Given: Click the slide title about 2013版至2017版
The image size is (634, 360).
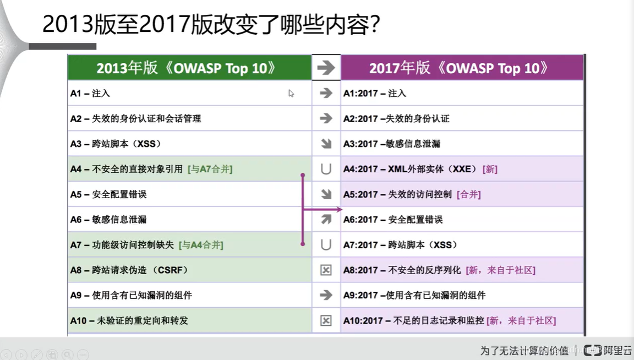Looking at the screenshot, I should (211, 25).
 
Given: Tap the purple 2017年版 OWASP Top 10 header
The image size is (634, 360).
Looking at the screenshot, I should (459, 68).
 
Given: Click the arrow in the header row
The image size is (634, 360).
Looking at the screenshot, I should (326, 68).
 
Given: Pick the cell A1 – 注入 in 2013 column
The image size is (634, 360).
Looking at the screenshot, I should (90, 94).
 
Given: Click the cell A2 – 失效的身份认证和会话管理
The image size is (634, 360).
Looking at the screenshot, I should (135, 118).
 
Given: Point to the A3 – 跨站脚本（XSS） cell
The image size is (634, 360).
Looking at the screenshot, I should (115, 144).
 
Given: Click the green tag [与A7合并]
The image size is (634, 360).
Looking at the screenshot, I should (210, 169).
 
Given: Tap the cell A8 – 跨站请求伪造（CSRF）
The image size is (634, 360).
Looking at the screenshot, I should (129, 270).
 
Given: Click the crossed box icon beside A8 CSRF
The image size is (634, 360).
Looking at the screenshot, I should (326, 270).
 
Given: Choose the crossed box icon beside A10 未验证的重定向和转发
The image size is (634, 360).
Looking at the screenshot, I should (326, 320).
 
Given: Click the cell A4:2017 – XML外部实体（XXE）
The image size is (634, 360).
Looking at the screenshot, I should (410, 169).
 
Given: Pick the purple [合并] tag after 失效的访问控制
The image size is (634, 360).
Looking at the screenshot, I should (468, 194).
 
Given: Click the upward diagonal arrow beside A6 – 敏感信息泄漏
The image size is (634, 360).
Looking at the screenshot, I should (326, 220).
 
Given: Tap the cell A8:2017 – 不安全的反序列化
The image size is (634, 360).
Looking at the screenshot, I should (402, 270).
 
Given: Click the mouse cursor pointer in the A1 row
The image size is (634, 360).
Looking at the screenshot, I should (291, 94).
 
